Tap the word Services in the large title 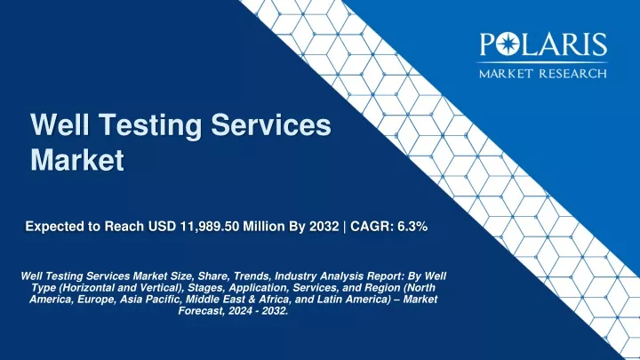click(x=270, y=124)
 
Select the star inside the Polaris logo click(x=507, y=44)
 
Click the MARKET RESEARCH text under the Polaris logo click(x=543, y=74)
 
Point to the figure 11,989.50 click(x=210, y=226)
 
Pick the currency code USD click(x=163, y=226)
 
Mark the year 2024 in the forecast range click(x=240, y=311)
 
